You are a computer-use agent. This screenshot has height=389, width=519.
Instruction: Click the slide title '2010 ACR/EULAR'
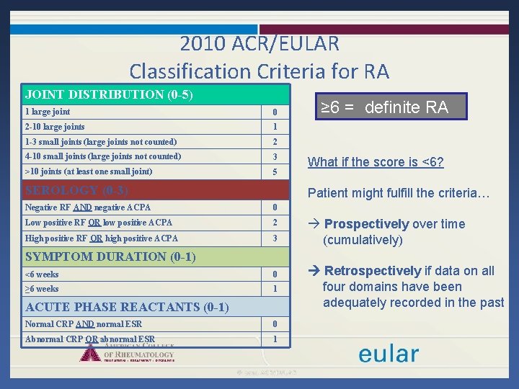(x=259, y=43)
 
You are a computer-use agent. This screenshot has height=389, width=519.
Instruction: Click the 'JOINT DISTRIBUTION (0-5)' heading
(x=109, y=94)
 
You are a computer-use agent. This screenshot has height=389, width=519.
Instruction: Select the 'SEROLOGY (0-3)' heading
(x=76, y=190)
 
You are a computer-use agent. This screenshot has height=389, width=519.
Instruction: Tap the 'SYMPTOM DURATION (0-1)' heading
(x=110, y=256)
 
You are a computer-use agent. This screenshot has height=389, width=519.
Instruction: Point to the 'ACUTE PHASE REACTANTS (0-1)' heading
(x=127, y=307)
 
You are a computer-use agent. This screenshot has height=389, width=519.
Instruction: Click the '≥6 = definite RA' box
(x=384, y=107)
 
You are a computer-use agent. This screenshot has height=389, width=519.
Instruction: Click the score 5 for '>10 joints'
(x=275, y=172)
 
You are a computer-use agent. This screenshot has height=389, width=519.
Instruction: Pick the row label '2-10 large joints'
(x=55, y=127)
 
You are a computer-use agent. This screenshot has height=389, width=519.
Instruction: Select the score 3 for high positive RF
(x=275, y=238)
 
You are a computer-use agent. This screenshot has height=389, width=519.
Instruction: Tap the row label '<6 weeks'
(x=42, y=274)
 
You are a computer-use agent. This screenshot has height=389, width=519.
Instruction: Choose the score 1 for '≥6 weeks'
(x=275, y=289)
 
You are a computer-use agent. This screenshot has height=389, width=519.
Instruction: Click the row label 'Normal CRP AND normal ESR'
(x=84, y=324)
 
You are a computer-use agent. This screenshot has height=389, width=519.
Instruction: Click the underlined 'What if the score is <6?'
(x=376, y=162)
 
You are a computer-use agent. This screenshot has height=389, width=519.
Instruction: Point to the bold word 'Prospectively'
(x=366, y=224)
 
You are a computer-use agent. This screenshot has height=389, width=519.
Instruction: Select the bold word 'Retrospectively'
(x=373, y=271)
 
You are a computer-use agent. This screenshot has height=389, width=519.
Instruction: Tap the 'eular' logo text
(x=389, y=354)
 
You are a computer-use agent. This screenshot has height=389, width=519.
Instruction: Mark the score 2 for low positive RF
(x=275, y=223)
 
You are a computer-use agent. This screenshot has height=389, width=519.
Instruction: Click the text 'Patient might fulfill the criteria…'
(x=399, y=193)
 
